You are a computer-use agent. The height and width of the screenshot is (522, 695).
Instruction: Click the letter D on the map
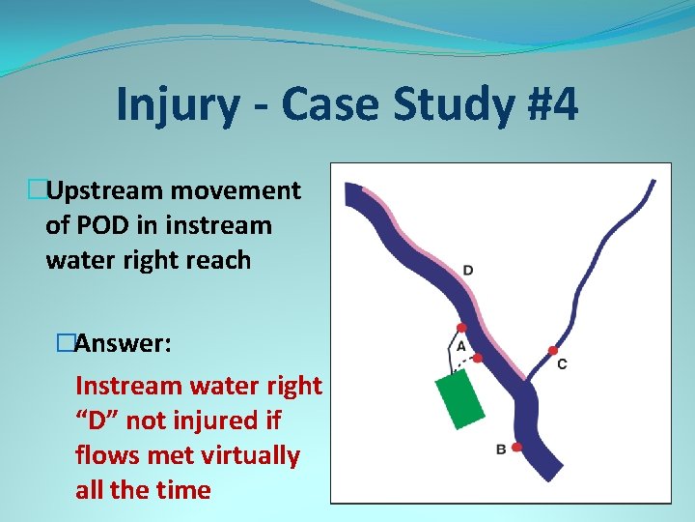click(467, 270)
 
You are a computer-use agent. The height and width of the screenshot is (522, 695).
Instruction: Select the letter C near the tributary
click(562, 363)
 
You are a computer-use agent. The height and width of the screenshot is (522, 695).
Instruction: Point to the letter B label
click(500, 449)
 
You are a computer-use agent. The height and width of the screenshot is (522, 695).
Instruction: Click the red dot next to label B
click(517, 447)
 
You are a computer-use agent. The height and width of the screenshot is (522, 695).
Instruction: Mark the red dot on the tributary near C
click(552, 350)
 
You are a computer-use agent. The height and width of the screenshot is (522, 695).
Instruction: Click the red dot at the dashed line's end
click(477, 358)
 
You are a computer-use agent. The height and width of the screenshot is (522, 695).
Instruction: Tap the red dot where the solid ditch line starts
click(461, 328)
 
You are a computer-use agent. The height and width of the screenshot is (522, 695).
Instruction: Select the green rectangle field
click(459, 397)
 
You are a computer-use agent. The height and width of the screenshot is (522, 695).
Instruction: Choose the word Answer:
click(124, 343)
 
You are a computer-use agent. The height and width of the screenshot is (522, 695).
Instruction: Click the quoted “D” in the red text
click(97, 420)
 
